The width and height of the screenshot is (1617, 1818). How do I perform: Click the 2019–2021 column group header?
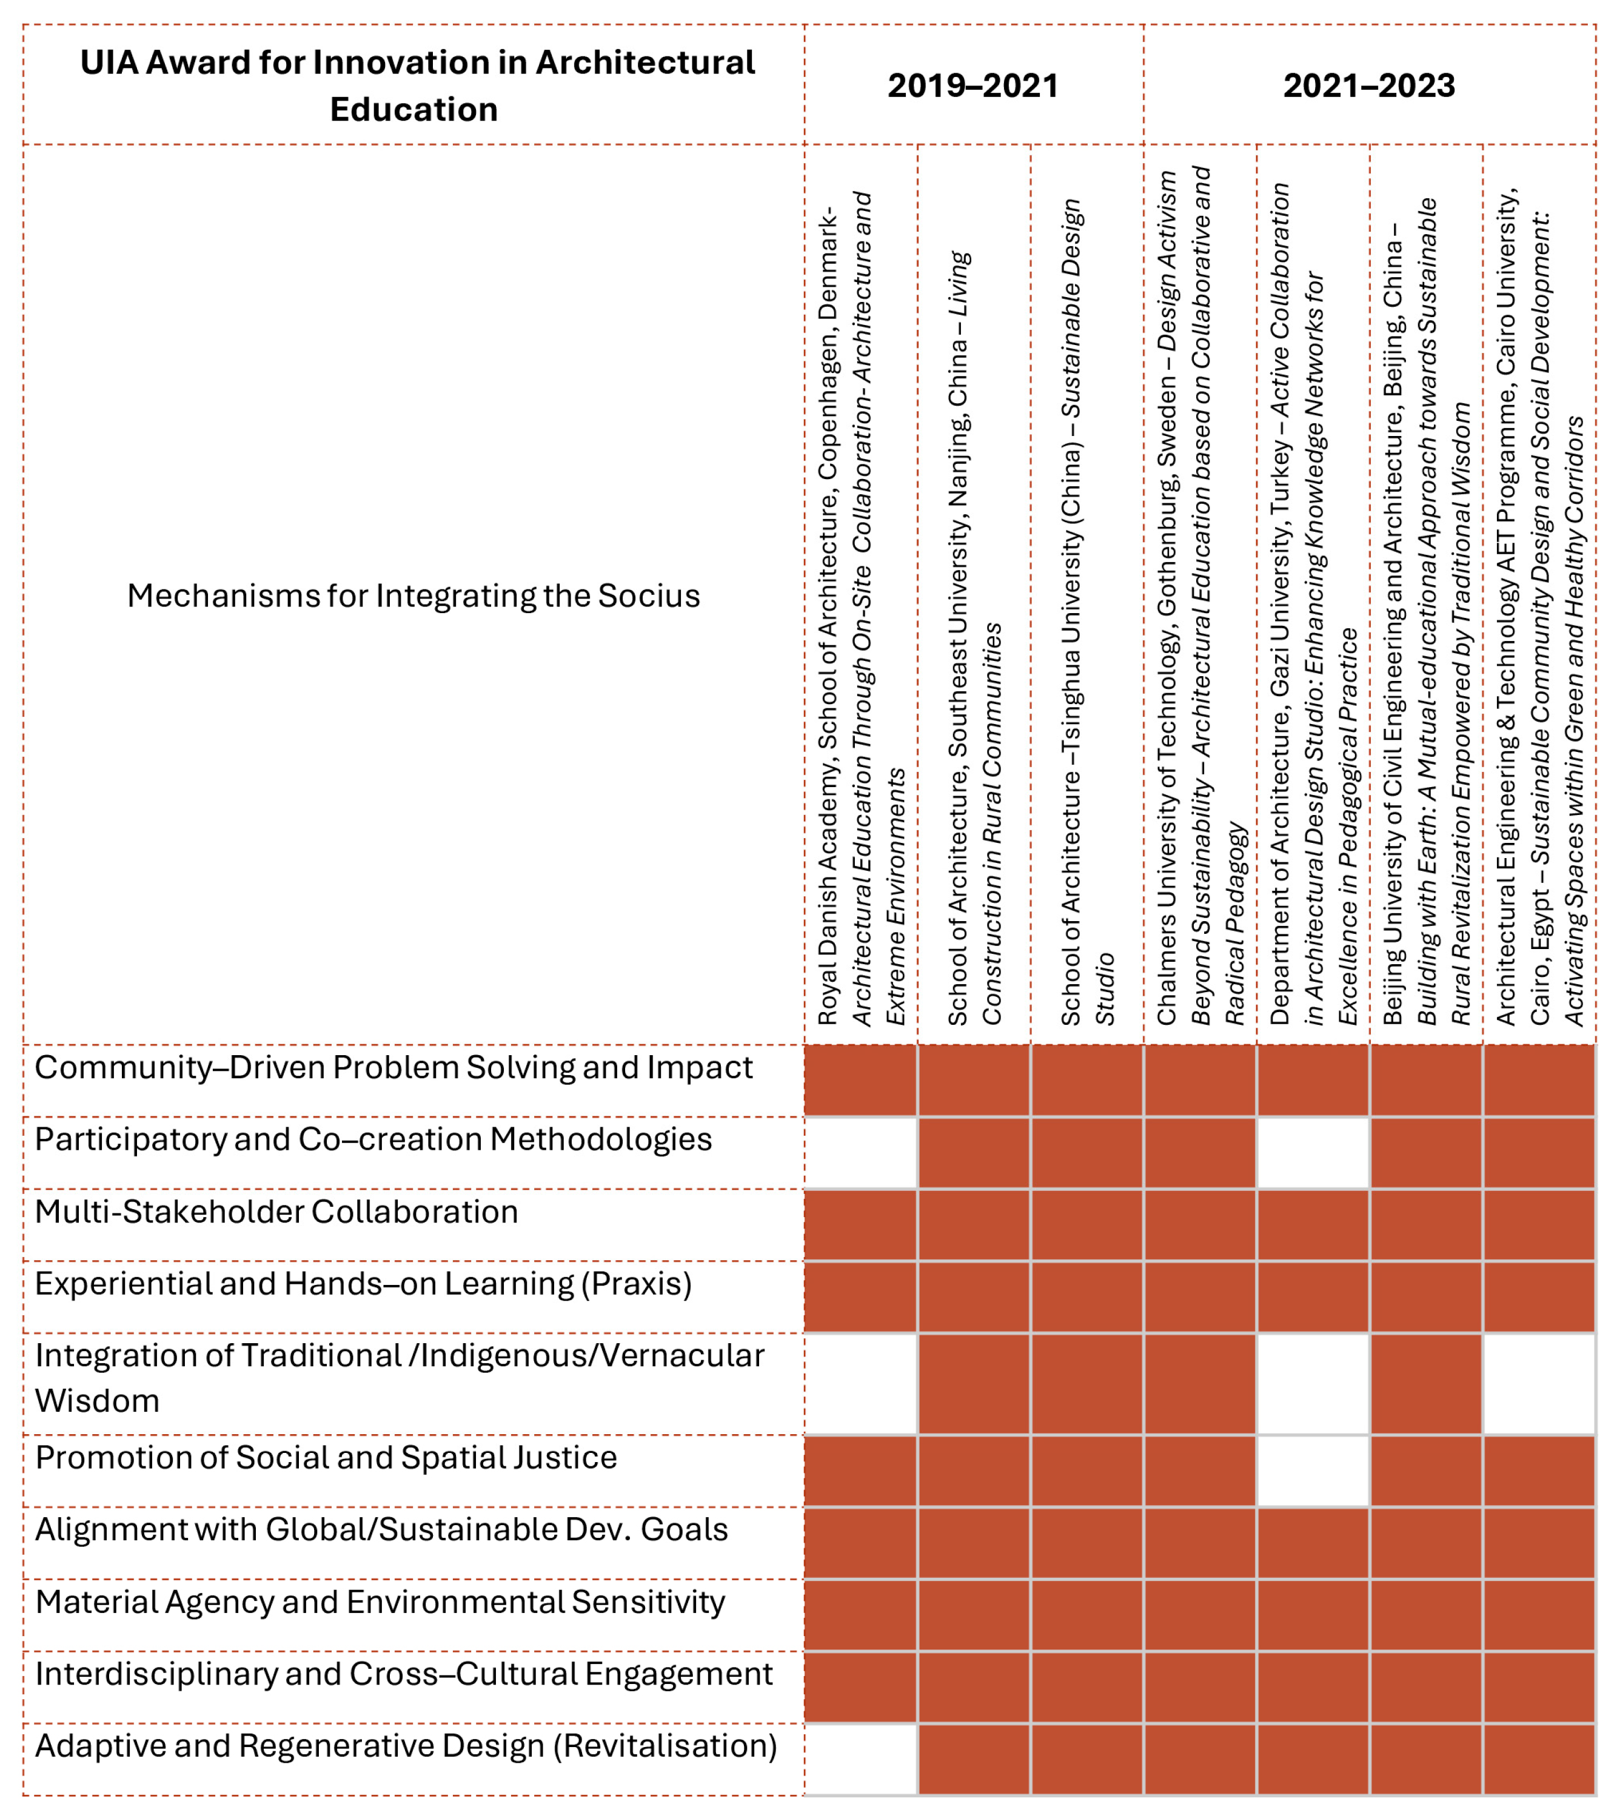973,86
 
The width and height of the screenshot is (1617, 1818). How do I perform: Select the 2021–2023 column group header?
1369,86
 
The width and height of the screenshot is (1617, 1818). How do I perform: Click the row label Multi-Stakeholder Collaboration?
276,1212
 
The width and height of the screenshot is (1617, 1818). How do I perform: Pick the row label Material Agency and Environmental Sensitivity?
380,1601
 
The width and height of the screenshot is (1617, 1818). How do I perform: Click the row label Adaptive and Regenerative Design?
406,1745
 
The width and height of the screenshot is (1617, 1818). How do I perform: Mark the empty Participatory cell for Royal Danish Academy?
861,1153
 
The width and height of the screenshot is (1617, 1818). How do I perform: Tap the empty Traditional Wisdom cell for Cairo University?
1539,1383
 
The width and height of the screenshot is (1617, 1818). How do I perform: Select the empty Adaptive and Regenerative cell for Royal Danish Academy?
861,1759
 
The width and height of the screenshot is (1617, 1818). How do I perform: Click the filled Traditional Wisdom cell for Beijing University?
1426,1383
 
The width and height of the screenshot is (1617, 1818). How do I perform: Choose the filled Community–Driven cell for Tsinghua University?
1087,1080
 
